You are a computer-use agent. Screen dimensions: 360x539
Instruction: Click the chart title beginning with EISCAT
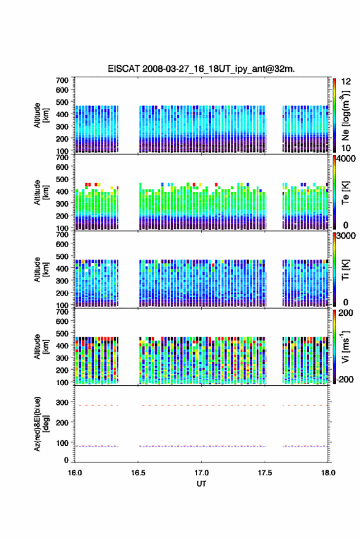201,69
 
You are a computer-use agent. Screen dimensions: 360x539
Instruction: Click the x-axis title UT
202,484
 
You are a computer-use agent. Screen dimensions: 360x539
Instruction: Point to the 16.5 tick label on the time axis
138,473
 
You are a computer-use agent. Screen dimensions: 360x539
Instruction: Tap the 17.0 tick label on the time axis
201,473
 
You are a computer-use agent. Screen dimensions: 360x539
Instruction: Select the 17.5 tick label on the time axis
264,473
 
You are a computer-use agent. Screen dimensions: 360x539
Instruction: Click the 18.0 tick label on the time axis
328,473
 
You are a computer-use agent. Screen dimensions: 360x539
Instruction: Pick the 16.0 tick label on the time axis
75,473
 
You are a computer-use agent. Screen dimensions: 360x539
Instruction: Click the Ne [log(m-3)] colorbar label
345,115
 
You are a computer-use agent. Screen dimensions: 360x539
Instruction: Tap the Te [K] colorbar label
345,193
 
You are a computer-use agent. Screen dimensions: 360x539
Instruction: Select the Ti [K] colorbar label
345,270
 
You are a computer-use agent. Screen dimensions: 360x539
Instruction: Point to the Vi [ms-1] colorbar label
345,346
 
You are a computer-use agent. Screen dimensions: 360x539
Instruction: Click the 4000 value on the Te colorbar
346,159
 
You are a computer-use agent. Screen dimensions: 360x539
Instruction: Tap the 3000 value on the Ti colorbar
346,236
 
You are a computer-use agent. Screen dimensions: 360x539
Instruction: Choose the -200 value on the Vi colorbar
345,379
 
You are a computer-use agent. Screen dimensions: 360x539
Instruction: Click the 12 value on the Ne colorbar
347,82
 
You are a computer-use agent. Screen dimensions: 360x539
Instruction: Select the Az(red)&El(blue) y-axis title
42,424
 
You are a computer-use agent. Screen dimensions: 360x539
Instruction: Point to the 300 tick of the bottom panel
62,402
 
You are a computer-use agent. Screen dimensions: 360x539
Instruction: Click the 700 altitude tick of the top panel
62,80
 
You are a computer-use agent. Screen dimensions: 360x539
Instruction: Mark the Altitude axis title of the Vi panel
41,346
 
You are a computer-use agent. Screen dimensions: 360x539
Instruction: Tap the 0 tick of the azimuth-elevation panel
66,460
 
